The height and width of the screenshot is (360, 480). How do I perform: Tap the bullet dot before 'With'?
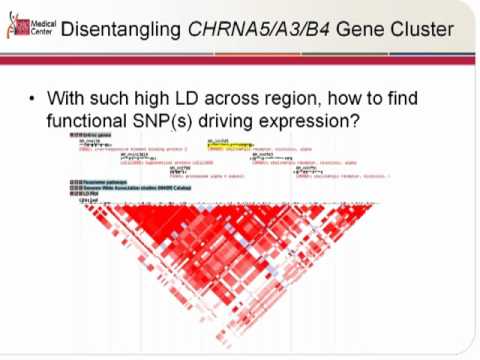(x=33, y=101)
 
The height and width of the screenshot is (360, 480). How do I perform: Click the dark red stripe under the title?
(x=240, y=61)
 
